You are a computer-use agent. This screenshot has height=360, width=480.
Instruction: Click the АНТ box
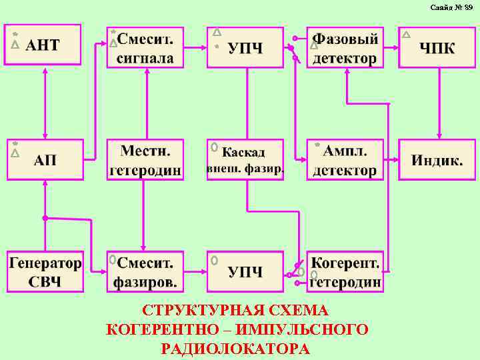point(43,45)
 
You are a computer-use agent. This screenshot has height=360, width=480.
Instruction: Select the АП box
point(45,159)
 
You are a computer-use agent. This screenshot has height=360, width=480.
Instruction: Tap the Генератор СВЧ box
point(45,271)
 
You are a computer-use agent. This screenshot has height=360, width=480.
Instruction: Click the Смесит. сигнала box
point(145,47)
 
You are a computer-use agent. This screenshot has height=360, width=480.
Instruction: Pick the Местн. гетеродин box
point(145,159)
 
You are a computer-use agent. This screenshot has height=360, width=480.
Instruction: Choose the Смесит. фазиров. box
point(145,271)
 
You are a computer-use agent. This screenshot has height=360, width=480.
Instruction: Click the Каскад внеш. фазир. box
point(245,159)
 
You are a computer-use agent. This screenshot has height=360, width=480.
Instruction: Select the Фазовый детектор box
point(345,47)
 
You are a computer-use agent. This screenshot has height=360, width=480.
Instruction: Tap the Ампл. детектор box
point(345,159)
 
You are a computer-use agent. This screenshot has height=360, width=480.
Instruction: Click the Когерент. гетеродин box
point(345,271)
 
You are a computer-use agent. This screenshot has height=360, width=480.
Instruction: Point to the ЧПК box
point(437,47)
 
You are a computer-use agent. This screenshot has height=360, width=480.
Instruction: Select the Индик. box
point(437,159)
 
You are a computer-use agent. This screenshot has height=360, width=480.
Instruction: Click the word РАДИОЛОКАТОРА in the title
point(235,349)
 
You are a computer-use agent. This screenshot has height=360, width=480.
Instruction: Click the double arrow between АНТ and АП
point(45,103)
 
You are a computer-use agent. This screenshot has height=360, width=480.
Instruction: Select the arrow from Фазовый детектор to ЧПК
point(391,47)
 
